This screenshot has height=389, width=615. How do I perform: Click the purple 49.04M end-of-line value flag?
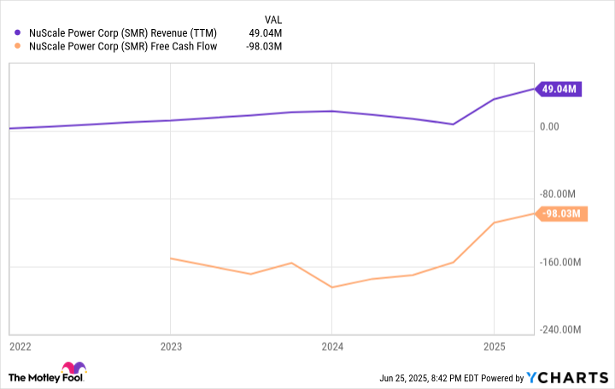[x=559, y=89]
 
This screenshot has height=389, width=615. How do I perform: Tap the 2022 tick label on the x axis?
[x=21, y=347]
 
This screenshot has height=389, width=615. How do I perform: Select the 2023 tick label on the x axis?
[x=171, y=347]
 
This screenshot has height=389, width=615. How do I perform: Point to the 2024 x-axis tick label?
[x=332, y=347]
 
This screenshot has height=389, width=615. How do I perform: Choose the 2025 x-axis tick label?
[x=494, y=347]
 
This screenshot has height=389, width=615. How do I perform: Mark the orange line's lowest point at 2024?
[x=332, y=287]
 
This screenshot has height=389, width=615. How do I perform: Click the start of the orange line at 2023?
[x=171, y=258]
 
